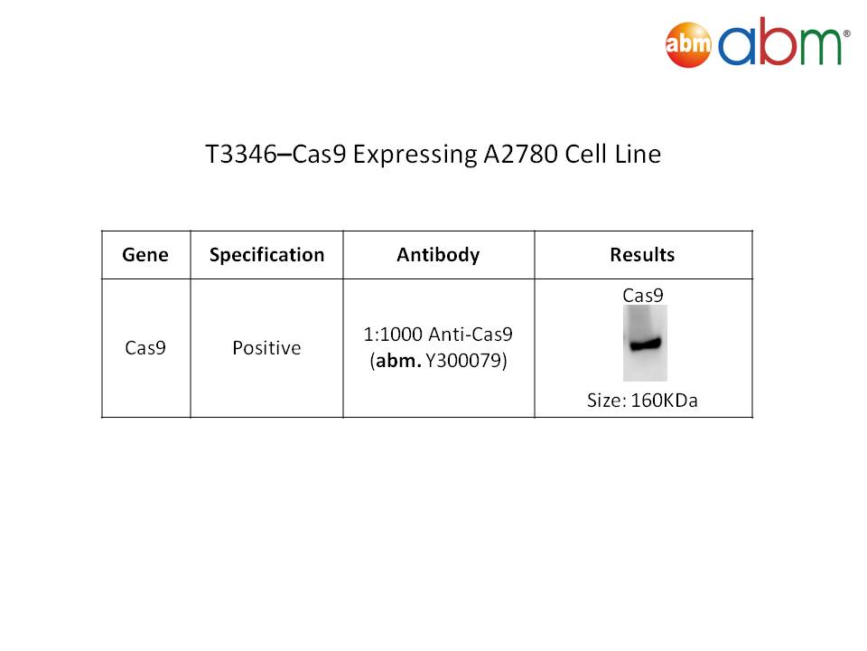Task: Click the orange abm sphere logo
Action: click(688, 44)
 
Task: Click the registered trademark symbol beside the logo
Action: click(846, 33)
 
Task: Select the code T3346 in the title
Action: click(240, 155)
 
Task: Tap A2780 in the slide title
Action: click(520, 155)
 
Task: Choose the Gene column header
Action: click(145, 255)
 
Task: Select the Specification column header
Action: click(266, 255)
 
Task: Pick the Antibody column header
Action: click(438, 255)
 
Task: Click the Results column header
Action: click(642, 255)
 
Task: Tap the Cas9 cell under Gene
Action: click(145, 347)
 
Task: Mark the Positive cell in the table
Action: click(266, 347)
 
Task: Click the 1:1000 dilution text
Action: click(393, 335)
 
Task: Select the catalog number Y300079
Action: click(462, 361)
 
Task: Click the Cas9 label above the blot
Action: click(642, 295)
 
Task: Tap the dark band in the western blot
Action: click(645, 344)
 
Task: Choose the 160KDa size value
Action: click(664, 401)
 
